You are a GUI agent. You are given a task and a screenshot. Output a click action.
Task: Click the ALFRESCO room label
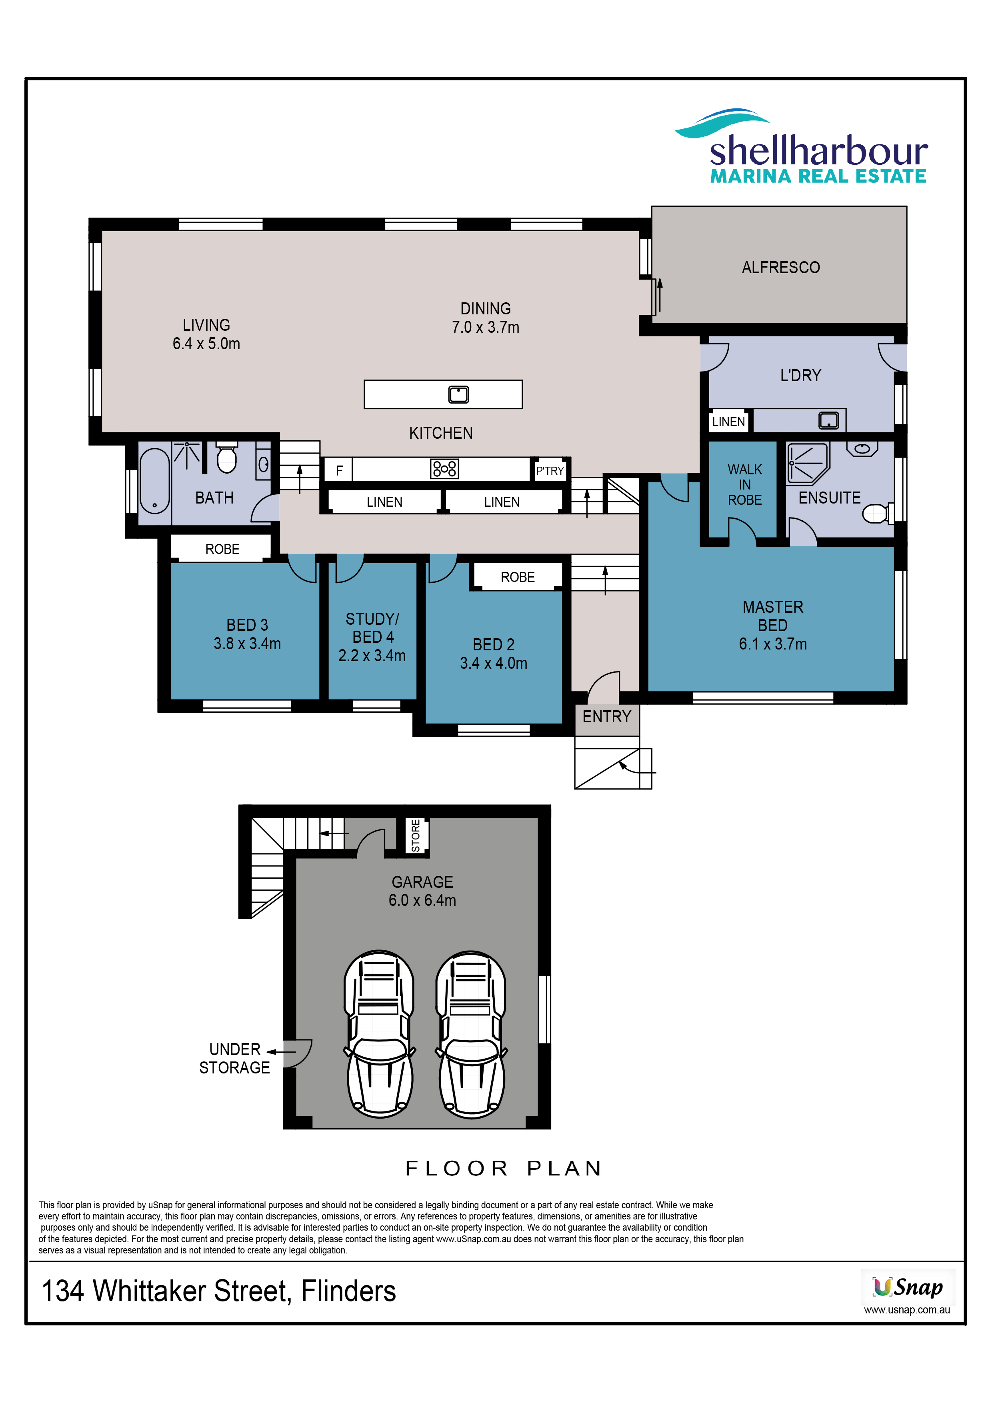coord(780,268)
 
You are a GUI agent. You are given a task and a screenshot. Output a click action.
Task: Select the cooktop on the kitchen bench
coord(444,469)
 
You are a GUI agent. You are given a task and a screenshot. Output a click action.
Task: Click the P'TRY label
coord(550,470)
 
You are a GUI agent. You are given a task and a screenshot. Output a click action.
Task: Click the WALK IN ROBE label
coord(744,485)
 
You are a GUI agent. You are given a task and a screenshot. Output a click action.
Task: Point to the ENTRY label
coord(606,716)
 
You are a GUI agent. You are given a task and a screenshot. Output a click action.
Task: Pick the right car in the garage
coord(471,1034)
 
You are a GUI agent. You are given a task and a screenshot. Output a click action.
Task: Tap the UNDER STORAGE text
coord(235,1058)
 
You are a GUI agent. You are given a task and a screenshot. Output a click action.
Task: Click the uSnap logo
coord(907,1287)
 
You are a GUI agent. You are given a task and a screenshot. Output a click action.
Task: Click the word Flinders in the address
coord(348,1291)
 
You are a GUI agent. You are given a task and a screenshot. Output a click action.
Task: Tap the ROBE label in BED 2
coord(517,578)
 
